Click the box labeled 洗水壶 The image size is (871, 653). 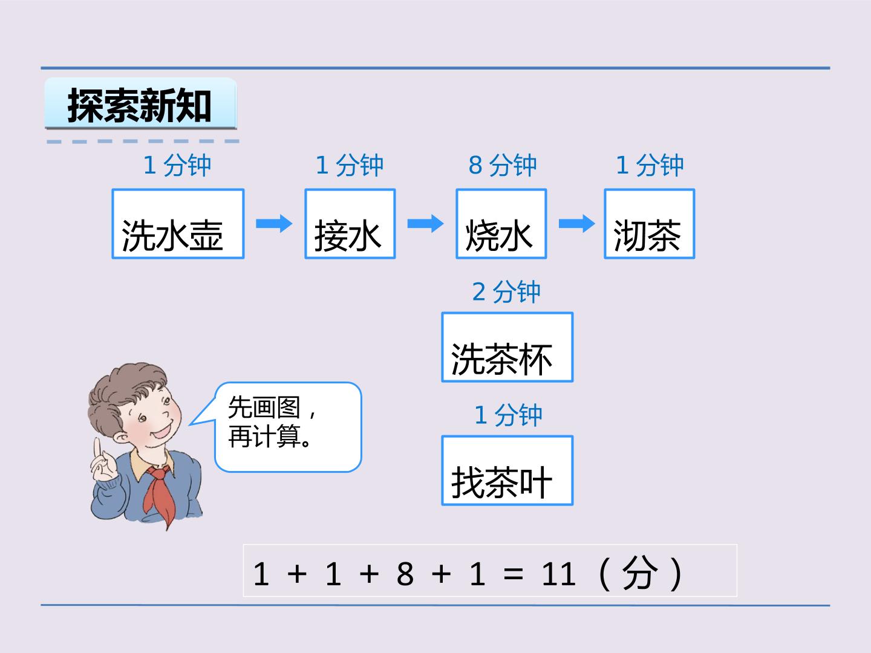[178, 224]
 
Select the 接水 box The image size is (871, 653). [350, 224]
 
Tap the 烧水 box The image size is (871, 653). [501, 224]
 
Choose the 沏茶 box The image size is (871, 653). [650, 224]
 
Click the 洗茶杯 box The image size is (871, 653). [507, 347]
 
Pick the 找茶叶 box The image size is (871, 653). [507, 470]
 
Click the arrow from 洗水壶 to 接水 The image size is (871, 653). [274, 224]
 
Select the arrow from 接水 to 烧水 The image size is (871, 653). [425, 224]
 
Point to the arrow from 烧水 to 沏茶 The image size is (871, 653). [577, 224]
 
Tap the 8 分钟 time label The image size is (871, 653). [503, 165]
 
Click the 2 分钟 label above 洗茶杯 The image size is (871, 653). [506, 292]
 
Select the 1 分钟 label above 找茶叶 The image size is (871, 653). [508, 415]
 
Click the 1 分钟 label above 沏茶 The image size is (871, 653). [650, 165]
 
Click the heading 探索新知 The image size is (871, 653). [139, 105]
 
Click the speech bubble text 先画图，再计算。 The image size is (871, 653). [272, 422]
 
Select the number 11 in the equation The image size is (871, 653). [558, 574]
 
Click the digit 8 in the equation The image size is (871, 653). [405, 574]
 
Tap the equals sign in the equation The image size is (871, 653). [513, 574]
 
